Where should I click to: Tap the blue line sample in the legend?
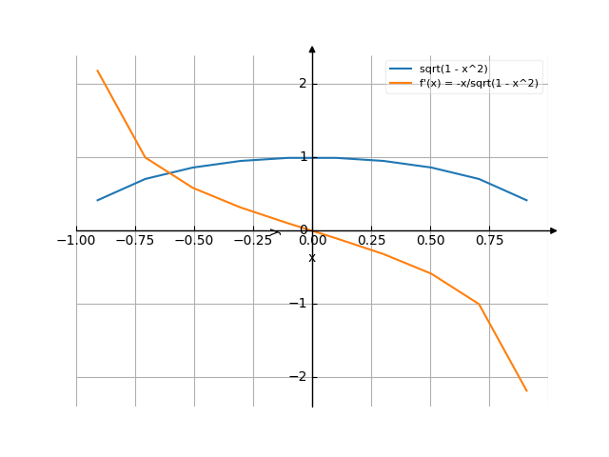pos(401,70)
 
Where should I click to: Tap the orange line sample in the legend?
pos(401,84)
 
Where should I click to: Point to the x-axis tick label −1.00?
pos(76,241)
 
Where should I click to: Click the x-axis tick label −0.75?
pos(135,241)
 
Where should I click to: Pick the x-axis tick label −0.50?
pos(194,241)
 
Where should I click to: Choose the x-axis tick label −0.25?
pos(253,241)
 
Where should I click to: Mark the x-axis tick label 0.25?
pos(371,241)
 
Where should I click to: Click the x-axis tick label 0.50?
pos(430,241)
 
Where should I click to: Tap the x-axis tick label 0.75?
pos(489,241)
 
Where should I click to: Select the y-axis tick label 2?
pos(303,84)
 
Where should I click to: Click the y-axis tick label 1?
pos(303,157)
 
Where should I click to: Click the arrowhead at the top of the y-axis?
pos(312,48)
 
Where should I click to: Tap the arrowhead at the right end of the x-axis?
pos(554,230)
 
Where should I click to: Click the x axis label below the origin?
pos(311,258)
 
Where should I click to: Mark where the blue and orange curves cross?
pos(167,172)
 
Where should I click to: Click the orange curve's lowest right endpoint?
pos(526,391)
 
